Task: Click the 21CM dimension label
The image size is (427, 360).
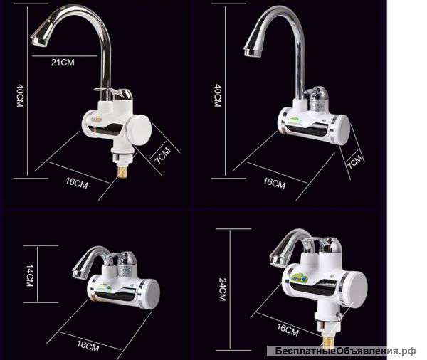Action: coord(63,63)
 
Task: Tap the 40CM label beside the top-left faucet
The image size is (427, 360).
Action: coord(20,95)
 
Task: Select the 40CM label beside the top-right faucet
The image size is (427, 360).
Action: coord(218,95)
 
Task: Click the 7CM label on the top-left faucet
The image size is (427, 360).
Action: coord(162,155)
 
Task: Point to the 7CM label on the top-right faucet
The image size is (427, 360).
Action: coord(355,162)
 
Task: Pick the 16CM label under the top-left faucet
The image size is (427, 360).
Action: coord(77,183)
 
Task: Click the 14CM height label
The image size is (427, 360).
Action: coord(30,275)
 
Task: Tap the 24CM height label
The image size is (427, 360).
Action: coord(223,289)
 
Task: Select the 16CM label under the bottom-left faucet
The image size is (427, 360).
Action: coord(88,346)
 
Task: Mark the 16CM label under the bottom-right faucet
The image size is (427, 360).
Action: coord(288,330)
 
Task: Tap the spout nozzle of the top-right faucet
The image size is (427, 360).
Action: coord(253,46)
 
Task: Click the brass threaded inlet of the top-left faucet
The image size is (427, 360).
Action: coord(122,172)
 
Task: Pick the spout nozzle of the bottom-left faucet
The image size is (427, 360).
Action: coord(80,270)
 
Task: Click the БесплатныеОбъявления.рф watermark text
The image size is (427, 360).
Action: coord(345,351)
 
